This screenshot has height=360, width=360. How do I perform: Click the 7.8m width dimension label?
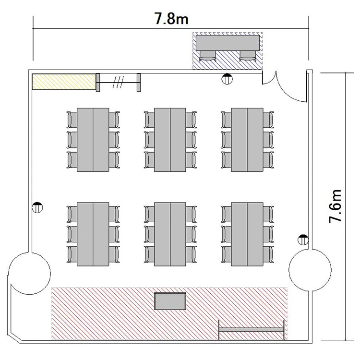(171, 18)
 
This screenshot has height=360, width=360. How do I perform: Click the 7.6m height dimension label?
(336, 206)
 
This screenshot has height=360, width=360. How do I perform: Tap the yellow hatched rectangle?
(64, 82)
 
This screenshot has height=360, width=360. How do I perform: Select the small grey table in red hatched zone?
(170, 301)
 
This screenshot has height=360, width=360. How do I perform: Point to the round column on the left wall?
(29, 273)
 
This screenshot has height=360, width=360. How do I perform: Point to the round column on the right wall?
(310, 270)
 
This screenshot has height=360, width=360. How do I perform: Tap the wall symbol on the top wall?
(227, 79)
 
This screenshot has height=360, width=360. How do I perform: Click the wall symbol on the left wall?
(37, 207)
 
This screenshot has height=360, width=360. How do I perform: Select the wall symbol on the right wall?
(303, 240)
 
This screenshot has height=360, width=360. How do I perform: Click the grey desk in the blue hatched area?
(228, 43)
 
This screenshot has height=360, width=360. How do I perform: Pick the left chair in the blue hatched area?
(207, 56)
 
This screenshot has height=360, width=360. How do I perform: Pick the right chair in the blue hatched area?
(248, 56)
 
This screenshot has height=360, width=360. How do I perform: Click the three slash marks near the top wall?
(118, 82)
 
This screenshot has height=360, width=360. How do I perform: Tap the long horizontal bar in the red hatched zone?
(252, 330)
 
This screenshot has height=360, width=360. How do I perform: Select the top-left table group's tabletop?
(93, 140)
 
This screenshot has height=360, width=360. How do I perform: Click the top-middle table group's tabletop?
(170, 140)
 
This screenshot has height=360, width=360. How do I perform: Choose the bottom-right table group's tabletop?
(247, 234)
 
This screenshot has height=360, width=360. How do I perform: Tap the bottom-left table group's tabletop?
(93, 234)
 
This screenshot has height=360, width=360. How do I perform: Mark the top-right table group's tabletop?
(247, 140)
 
